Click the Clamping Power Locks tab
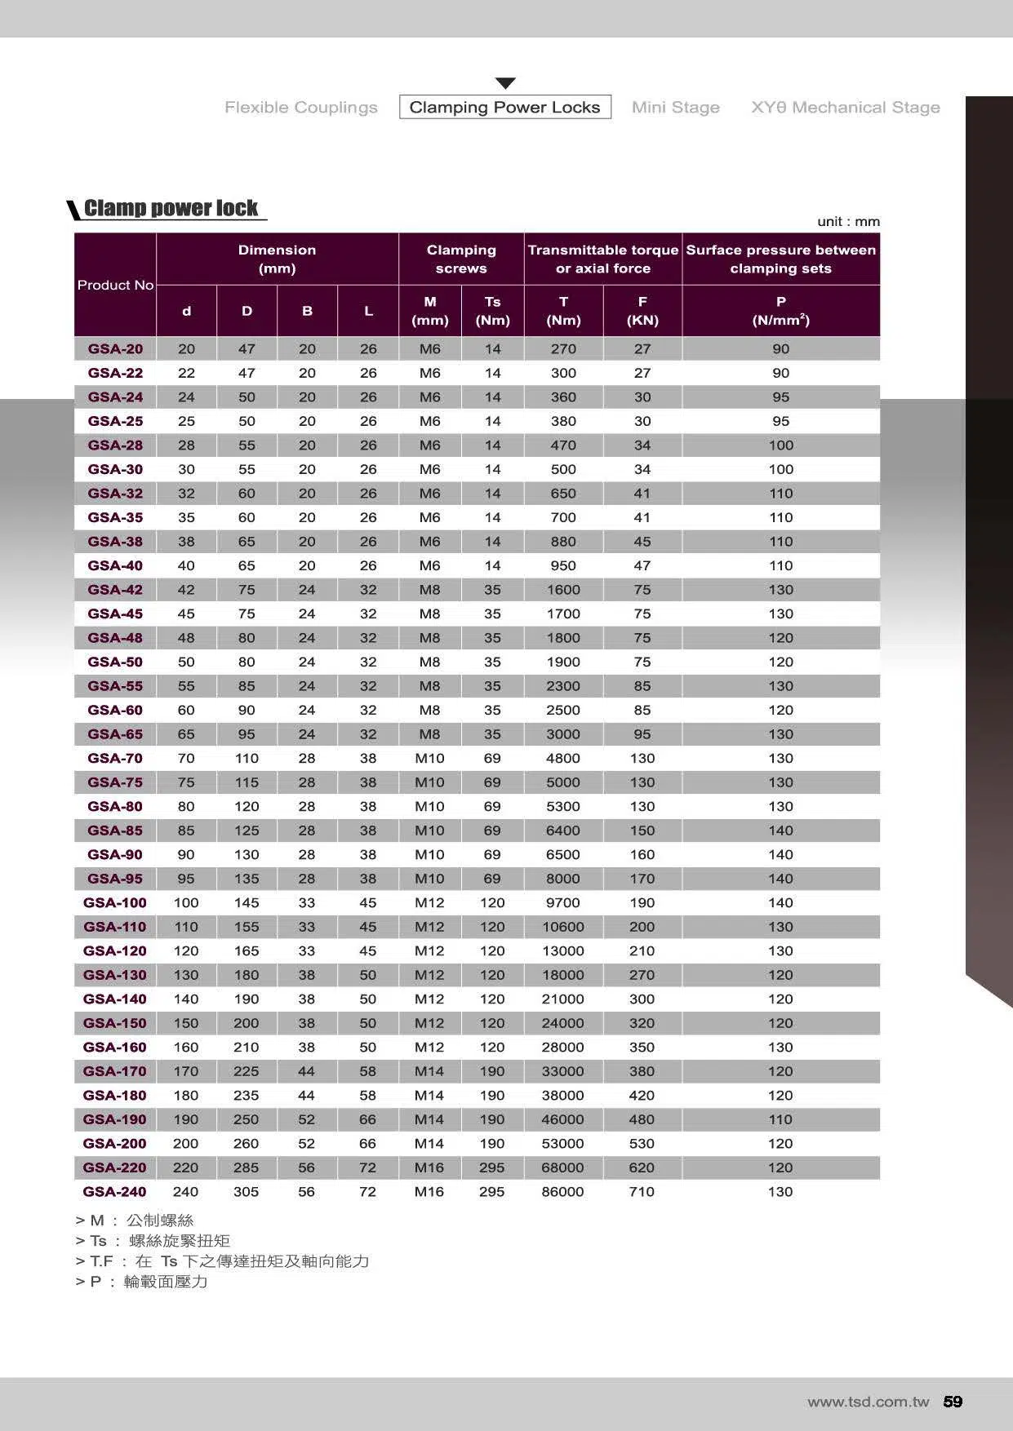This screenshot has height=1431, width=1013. (x=504, y=107)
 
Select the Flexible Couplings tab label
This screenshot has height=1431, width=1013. (x=300, y=107)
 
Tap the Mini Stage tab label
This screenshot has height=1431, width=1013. (x=675, y=107)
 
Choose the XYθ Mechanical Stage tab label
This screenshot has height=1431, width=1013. (x=845, y=107)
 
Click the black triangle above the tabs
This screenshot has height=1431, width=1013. (x=505, y=83)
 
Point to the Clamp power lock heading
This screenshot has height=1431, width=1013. (x=171, y=208)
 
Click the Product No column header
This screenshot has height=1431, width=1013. (x=115, y=285)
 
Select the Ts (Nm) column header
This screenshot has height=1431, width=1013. (x=492, y=311)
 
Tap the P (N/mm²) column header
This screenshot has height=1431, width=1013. (x=780, y=311)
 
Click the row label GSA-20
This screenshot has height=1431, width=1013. (x=115, y=348)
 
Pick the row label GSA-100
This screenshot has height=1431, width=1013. (x=114, y=902)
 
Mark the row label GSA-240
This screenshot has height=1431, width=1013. (x=114, y=1191)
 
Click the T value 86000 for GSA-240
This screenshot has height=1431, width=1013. (x=562, y=1191)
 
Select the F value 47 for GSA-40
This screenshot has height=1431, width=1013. (x=642, y=565)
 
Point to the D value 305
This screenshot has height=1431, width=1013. (x=246, y=1191)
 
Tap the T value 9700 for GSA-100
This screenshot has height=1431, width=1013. (x=562, y=902)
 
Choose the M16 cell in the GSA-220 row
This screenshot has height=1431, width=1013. (x=429, y=1167)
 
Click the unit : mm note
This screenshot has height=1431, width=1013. (x=848, y=221)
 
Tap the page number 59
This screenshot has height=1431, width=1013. (x=953, y=1402)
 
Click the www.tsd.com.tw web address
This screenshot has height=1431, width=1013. (x=868, y=1402)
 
